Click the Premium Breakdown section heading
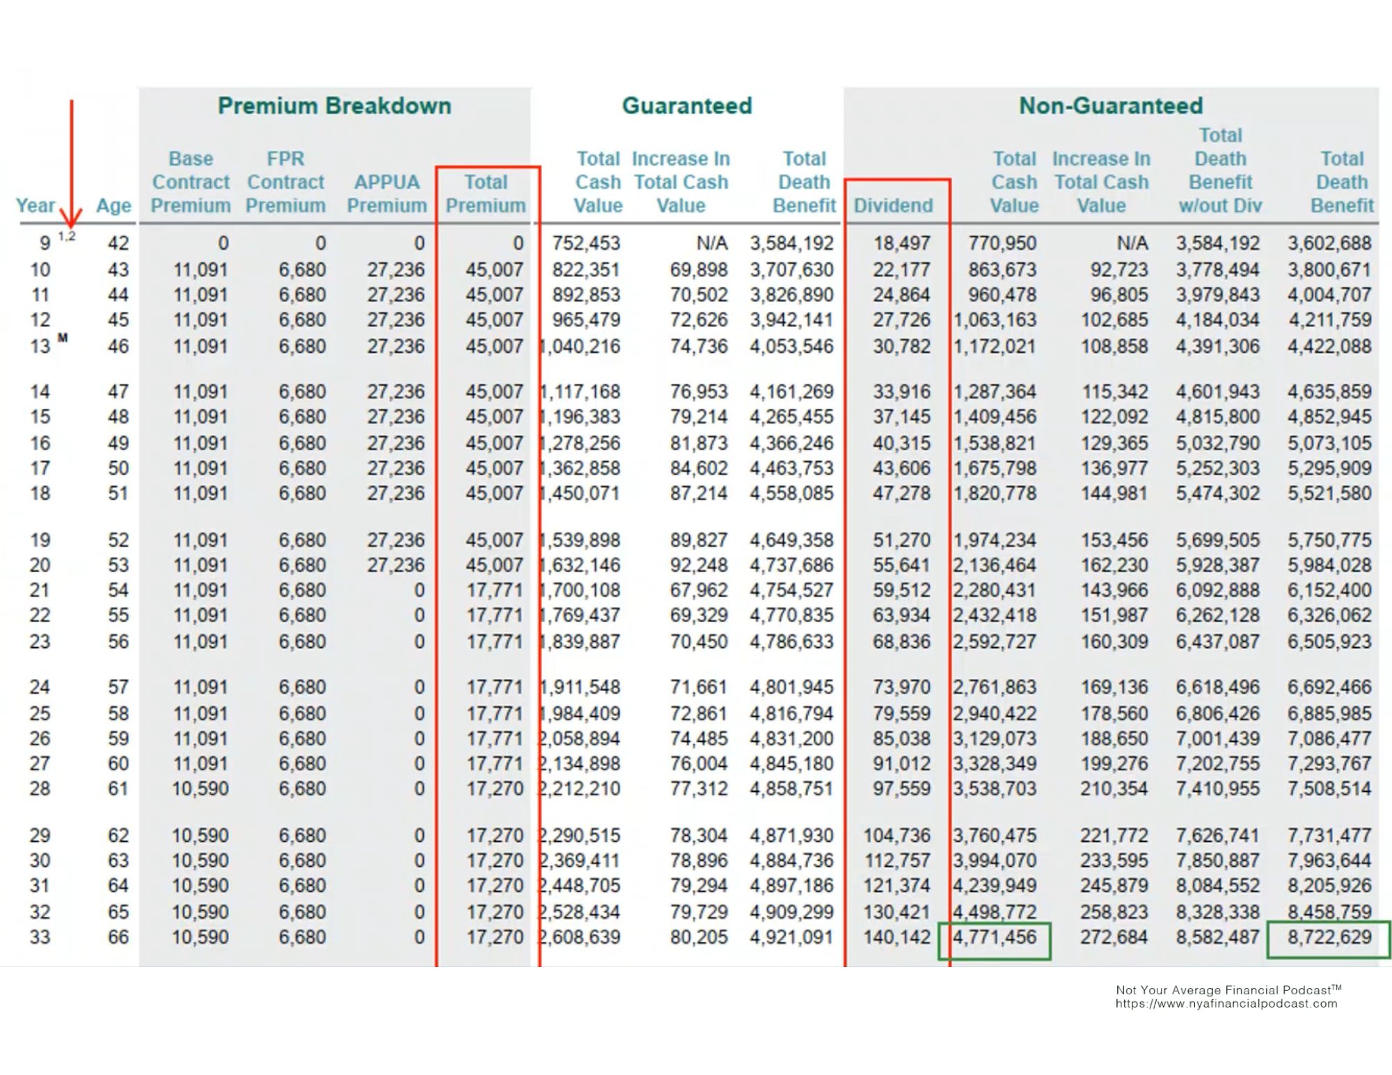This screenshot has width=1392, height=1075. click(334, 106)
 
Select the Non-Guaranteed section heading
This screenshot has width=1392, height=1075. click(1111, 106)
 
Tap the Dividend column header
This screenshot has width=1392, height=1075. click(893, 205)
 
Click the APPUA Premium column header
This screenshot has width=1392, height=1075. click(387, 193)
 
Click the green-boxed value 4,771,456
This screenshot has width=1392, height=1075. click(995, 937)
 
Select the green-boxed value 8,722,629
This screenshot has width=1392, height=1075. click(1329, 937)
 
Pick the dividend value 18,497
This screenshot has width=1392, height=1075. click(902, 243)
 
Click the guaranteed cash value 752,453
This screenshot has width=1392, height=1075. click(586, 243)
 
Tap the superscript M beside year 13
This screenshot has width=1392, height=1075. click(63, 338)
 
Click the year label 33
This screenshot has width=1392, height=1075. click(40, 937)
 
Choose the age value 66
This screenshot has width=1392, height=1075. click(118, 937)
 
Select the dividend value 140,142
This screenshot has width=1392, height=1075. click(897, 937)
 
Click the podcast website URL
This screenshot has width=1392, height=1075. click(1226, 1004)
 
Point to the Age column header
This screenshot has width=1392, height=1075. click(113, 206)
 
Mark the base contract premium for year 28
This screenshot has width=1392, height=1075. click(200, 789)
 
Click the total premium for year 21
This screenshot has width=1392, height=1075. click(495, 590)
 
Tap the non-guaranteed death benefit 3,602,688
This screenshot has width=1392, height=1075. click(1329, 243)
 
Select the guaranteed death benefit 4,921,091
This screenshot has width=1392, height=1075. click(791, 937)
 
